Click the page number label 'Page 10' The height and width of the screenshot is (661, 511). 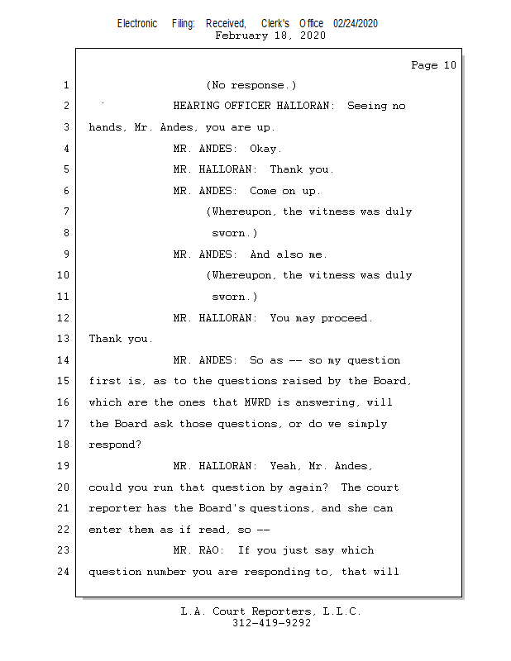tap(433, 65)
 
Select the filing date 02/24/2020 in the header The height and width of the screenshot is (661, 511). tap(356, 24)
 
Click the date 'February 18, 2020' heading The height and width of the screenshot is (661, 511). tap(270, 36)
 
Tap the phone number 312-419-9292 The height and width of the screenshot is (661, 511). tap(271, 623)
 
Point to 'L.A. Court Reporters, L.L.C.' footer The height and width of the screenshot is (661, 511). tap(271, 611)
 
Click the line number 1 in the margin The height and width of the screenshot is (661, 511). tap(66, 85)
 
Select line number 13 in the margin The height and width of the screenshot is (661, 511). tap(63, 339)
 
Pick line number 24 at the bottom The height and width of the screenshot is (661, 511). tap(63, 572)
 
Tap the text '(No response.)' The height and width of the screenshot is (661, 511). tap(251, 85)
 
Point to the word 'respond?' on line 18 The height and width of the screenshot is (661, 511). tap(115, 445)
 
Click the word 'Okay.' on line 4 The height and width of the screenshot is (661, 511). tap(265, 149)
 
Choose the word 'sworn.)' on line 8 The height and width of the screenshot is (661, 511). tap(235, 233)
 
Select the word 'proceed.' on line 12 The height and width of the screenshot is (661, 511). tap(346, 318)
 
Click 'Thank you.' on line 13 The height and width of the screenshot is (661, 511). tap(121, 339)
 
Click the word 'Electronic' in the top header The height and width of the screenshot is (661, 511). tap(137, 24)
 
